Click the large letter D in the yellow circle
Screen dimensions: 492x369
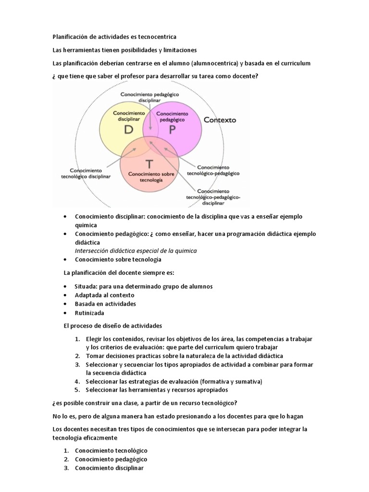click(x=128, y=130)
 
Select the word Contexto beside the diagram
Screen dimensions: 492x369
click(x=220, y=120)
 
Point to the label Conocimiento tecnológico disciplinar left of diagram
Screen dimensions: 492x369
click(x=90, y=173)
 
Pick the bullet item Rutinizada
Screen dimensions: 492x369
click(x=89, y=313)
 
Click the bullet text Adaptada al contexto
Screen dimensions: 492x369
click(x=104, y=295)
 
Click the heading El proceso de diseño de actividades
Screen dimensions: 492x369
click(x=113, y=325)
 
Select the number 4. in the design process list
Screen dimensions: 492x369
click(x=78, y=381)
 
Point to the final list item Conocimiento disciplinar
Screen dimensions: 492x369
click(x=109, y=468)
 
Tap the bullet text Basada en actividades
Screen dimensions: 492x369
click(x=105, y=304)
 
